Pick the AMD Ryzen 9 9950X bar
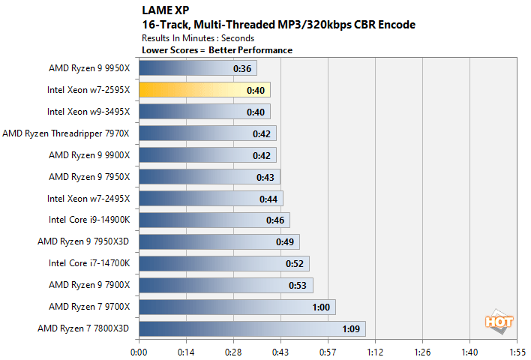pos(197,68)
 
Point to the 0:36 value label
pos(242,68)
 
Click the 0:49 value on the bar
pos(285,241)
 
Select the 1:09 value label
pos(351,328)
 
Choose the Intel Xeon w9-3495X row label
pos(88,112)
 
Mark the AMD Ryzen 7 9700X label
pos(89,307)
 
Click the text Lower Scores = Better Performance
pos(217,50)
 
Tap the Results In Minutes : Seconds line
pos(197,37)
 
